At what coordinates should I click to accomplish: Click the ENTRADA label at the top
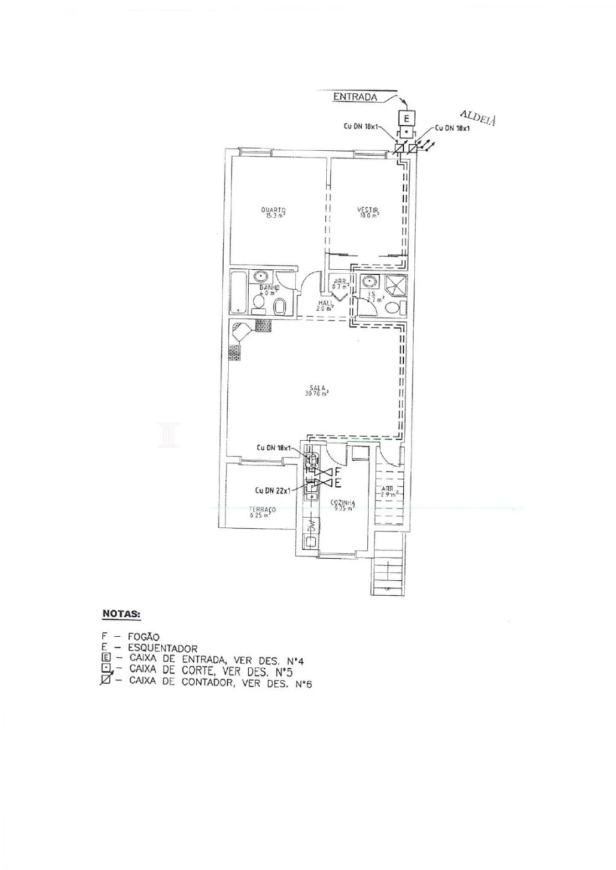pos(355,97)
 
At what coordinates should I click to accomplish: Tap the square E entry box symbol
pos(405,117)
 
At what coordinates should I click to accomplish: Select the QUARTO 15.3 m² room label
pos(273,211)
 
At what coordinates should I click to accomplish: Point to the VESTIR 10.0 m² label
pos(368,211)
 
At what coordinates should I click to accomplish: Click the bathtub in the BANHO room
pos(239,293)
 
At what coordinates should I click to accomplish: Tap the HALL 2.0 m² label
pos(324,305)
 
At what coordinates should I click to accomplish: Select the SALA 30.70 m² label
pos(317,390)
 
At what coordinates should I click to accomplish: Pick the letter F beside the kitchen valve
pos(337,471)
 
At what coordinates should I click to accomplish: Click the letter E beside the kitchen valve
pos(337,483)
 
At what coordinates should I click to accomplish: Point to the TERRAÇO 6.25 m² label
pos(261,512)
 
